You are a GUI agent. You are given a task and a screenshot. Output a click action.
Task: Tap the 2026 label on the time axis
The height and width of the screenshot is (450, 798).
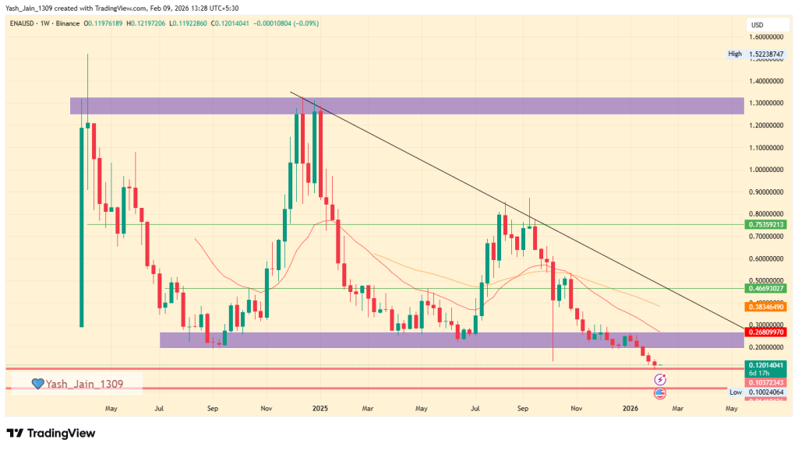[630, 407]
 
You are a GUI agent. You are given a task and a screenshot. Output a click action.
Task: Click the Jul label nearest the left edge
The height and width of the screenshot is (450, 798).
[158, 407]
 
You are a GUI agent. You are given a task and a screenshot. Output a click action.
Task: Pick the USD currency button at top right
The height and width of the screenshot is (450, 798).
[756, 23]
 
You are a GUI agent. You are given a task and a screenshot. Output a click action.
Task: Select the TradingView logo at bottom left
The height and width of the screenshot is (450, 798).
[51, 433]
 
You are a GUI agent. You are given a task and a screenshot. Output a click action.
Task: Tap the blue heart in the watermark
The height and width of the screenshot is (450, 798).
[37, 383]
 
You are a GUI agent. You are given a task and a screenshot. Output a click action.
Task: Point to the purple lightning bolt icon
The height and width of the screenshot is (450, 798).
[660, 379]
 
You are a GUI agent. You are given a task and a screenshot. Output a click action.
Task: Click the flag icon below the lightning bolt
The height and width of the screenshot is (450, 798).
[660, 394]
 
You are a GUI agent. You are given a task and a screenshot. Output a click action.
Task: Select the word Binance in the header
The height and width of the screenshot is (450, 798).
[69, 23]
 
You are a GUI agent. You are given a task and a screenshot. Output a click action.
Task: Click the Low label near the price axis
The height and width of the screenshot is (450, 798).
[735, 392]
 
